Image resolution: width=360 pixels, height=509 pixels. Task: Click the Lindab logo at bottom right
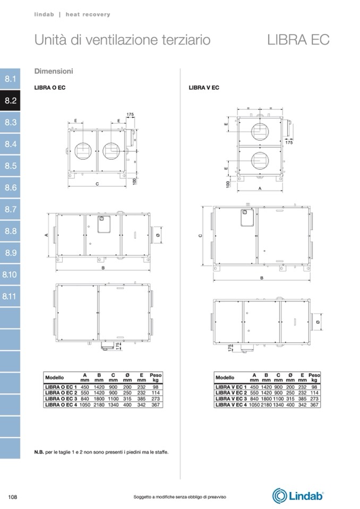tap(298, 496)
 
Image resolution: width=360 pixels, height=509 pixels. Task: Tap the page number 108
tap(13, 497)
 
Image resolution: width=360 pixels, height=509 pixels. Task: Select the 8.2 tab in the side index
tap(10, 101)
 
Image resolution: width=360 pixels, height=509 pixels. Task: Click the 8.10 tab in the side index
tap(10, 274)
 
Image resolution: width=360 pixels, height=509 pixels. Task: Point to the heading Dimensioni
tap(54, 71)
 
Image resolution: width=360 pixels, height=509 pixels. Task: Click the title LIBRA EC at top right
tap(298, 40)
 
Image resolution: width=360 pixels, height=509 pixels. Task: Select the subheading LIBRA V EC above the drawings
tap(204, 88)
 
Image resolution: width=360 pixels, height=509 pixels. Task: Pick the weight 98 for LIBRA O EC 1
tap(156, 387)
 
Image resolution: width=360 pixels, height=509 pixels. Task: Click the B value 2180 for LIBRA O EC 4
tap(99, 405)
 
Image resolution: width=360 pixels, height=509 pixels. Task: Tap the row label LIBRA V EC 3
tap(231, 399)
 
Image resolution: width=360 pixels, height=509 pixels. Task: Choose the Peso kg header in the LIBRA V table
tap(314, 377)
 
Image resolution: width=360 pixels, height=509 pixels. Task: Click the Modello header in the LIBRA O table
tap(55, 377)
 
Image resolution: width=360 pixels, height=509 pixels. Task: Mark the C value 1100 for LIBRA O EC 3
tap(113, 399)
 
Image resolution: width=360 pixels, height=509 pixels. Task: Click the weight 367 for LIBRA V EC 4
tap(314, 405)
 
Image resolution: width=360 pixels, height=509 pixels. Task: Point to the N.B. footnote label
tap(39, 452)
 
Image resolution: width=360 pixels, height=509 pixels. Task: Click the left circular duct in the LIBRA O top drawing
tap(83, 151)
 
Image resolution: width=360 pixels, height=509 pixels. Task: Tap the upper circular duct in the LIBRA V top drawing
tap(260, 132)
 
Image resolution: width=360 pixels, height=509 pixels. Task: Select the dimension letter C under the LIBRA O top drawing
tap(97, 184)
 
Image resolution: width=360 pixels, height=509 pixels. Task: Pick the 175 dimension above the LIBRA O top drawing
tap(130, 115)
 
